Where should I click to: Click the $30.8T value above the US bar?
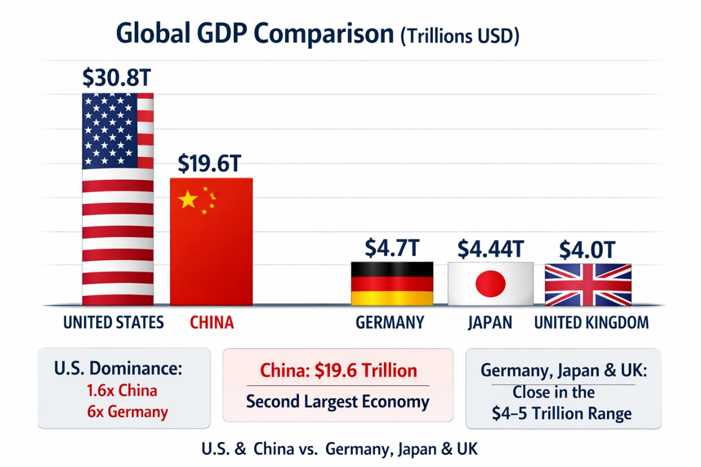(x=117, y=78)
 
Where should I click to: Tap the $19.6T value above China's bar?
(x=209, y=164)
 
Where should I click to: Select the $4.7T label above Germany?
(x=392, y=248)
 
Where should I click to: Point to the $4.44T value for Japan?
(x=490, y=249)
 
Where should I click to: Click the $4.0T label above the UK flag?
(x=587, y=250)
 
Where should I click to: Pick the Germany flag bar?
(x=392, y=284)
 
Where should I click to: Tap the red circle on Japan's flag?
(x=490, y=284)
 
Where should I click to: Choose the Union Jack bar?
(x=588, y=285)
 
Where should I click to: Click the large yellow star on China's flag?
(x=188, y=199)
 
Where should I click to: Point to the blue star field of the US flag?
(x=109, y=131)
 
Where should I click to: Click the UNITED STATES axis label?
(x=113, y=323)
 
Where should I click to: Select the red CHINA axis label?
(x=211, y=323)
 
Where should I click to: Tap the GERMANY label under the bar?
(x=389, y=323)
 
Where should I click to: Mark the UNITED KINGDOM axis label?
(x=591, y=323)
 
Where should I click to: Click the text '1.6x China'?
(x=121, y=390)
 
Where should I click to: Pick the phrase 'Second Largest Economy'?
(x=338, y=401)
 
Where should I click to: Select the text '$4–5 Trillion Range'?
(x=562, y=413)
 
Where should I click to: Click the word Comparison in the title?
(x=323, y=34)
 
